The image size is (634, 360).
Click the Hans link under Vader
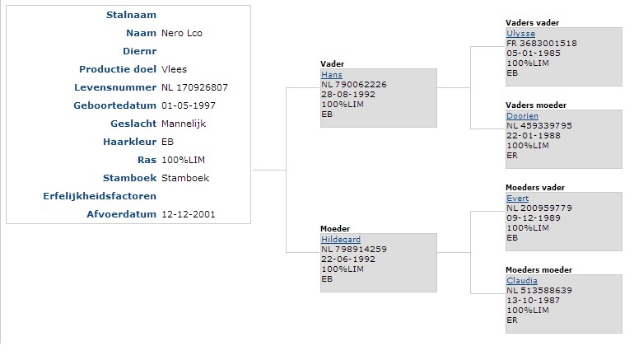pos(332,75)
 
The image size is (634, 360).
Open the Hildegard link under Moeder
pos(341,240)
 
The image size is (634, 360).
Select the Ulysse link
pos(520,34)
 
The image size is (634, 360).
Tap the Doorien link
pos(522,116)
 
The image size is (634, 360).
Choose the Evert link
pos(518,199)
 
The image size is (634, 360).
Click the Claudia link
pos(522,281)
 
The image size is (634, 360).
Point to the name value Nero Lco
pos(182,33)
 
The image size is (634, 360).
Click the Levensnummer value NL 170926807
pos(194,87)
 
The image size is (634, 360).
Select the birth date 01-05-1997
pos(189,105)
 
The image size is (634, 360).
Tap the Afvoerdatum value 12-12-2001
pos(189,214)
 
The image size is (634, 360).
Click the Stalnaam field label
pos(131,15)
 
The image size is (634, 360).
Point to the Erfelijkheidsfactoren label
pos(100,196)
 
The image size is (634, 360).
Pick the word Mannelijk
pos(184,124)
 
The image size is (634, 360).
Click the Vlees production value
pos(175,69)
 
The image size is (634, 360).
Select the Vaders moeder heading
pos(536,105)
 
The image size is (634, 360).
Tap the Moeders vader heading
pos(535,188)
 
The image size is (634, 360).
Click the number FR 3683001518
pos(542,44)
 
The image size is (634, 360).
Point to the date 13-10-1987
pos(534,301)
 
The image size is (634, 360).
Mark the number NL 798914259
pos(354,249)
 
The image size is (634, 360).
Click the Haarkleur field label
pos(129,142)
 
